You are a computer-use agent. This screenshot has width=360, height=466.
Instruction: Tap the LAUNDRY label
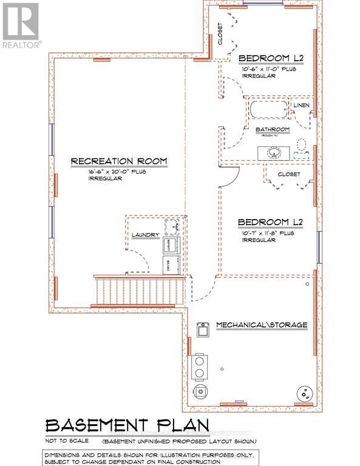click(145, 235)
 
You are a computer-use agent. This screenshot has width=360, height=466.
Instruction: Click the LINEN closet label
click(302, 106)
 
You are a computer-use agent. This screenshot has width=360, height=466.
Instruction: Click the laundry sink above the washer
click(172, 226)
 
